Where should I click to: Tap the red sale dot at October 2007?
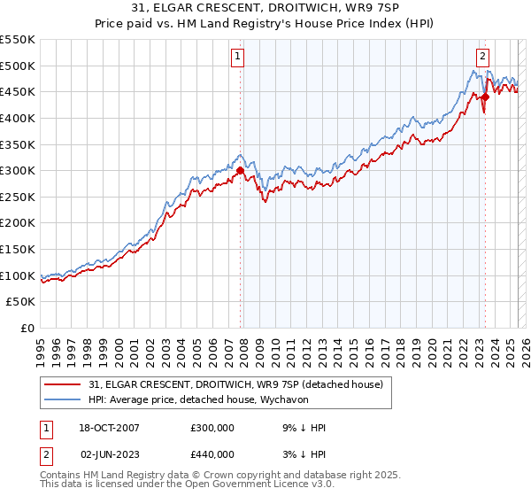[241, 170]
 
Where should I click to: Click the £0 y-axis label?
[27, 328]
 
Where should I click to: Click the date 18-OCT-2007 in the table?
[110, 428]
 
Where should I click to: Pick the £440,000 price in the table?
[212, 454]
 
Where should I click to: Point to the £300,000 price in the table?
[212, 428]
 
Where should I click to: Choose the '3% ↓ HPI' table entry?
[303, 454]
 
